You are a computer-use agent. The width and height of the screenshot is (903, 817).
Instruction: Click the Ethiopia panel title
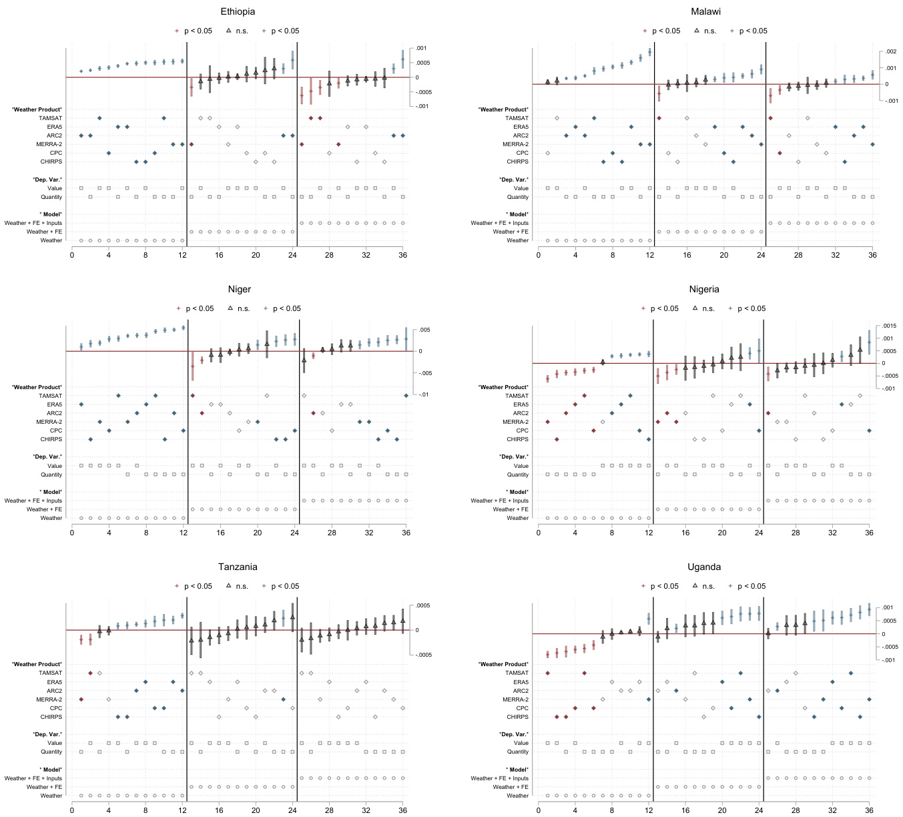(238, 11)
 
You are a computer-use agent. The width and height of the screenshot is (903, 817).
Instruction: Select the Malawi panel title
(705, 11)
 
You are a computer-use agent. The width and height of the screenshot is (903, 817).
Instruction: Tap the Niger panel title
(239, 289)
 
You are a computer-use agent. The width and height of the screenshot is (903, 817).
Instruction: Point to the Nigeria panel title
(704, 289)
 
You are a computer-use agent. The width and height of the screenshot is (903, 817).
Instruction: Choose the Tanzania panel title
(238, 567)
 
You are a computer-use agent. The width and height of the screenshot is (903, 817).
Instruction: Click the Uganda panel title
(704, 567)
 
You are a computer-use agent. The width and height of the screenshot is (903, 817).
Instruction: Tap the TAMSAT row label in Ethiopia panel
(50, 118)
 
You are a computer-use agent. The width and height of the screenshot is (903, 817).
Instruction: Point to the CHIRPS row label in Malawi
(517, 162)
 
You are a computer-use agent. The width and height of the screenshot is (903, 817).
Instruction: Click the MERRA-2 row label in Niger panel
(49, 422)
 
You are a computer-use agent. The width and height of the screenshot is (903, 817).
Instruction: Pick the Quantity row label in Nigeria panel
(518, 475)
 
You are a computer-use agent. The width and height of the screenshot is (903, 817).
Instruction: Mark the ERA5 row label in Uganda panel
(521, 682)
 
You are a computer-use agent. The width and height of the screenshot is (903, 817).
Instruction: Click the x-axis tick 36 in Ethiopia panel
(402, 255)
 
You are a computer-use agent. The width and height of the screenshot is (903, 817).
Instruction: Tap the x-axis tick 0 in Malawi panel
(539, 255)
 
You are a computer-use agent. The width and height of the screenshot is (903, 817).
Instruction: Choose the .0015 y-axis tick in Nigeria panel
(888, 326)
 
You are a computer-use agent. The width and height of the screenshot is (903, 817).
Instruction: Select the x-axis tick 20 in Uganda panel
(722, 810)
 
